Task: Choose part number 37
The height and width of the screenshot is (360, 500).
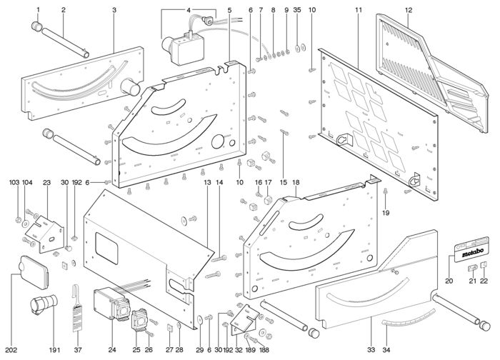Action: (x=78, y=349)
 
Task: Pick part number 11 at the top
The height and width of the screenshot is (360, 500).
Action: (x=358, y=10)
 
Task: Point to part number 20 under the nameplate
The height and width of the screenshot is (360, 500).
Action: (x=449, y=281)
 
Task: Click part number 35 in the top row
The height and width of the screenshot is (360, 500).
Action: (x=296, y=10)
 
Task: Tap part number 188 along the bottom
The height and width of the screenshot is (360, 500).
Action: (x=264, y=349)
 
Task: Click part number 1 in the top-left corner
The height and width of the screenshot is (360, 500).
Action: (x=38, y=10)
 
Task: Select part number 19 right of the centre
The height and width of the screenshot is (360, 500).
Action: (x=385, y=213)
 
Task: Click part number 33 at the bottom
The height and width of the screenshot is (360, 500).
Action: (x=371, y=349)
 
